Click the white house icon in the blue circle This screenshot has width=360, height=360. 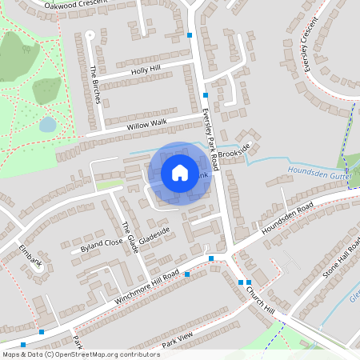[179, 172]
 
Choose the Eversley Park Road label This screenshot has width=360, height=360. [211, 128]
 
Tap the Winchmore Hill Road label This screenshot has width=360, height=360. [136, 286]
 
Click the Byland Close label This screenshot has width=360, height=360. [102, 242]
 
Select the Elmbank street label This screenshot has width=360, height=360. [30, 258]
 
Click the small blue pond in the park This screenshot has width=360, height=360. [48, 124]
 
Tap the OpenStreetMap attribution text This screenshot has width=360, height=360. [80, 354]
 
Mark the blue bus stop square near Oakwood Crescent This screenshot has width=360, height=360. [190, 35]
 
